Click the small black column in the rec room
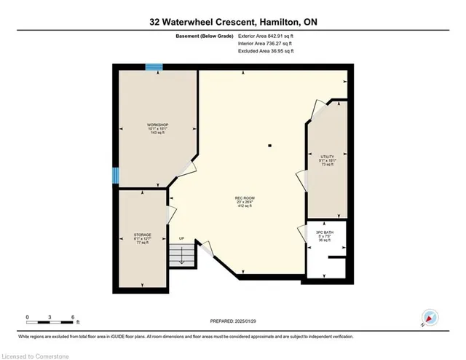pos(270,146)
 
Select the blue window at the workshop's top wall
pos(154,67)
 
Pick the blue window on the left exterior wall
pos(115,176)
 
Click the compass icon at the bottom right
pos(430,318)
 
